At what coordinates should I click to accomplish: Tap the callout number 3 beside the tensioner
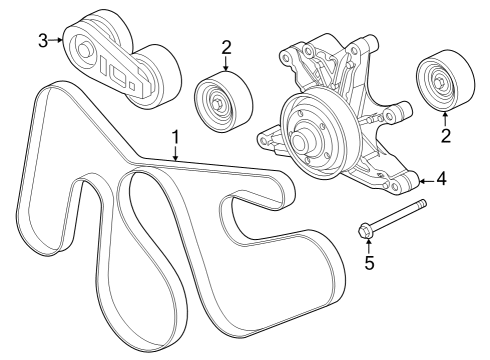click(x=43, y=40)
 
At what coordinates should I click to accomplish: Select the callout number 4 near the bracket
click(x=440, y=180)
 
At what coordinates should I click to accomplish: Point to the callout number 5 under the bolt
click(x=367, y=265)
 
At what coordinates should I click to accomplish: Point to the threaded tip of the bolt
click(x=422, y=204)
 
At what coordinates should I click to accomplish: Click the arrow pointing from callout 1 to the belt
click(x=175, y=153)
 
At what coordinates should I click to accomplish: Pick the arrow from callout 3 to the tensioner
click(x=58, y=40)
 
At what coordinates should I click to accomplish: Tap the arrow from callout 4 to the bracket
click(x=424, y=180)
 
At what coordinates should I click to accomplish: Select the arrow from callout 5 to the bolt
click(x=367, y=248)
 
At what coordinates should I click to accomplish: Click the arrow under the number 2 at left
click(x=226, y=63)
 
